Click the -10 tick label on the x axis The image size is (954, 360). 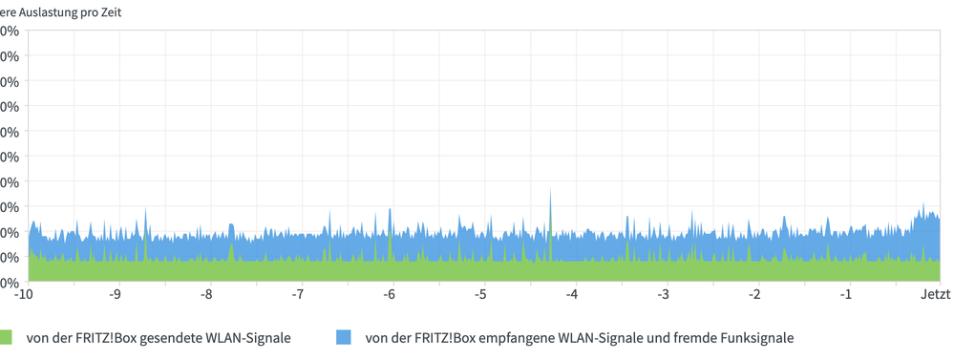pyautogui.click(x=24, y=294)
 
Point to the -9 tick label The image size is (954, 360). pyautogui.click(x=116, y=294)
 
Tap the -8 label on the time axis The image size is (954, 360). pyautogui.click(x=206, y=294)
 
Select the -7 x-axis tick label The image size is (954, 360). pyautogui.click(x=298, y=294)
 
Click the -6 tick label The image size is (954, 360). pyautogui.click(x=390, y=294)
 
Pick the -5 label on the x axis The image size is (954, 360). pyautogui.click(x=481, y=294)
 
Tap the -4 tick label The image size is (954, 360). pyautogui.click(x=572, y=294)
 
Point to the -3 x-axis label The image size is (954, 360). pyautogui.click(x=664, y=294)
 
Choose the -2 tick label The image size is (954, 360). pyautogui.click(x=754, y=294)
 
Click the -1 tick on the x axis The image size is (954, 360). pyautogui.click(x=846, y=294)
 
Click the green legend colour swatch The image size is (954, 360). pyautogui.click(x=6, y=337)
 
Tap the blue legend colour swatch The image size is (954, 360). pyautogui.click(x=344, y=337)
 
